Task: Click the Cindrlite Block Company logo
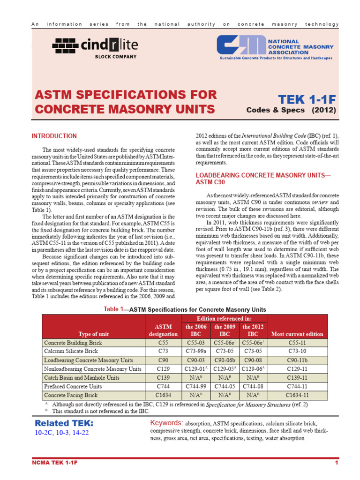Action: pos(95,47)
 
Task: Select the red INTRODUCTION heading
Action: pos(54,136)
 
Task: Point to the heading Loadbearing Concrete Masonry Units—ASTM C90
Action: pos(262,179)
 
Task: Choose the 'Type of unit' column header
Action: pos(94,334)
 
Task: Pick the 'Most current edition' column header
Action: pos(297,334)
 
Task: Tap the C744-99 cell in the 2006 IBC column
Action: pos(195,386)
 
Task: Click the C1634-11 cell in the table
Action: pos(297,395)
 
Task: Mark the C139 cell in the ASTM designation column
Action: pos(164,377)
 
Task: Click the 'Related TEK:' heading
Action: pos(64,423)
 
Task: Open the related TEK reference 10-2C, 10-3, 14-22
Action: pos(61,433)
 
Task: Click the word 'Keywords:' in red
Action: pos(166,423)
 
